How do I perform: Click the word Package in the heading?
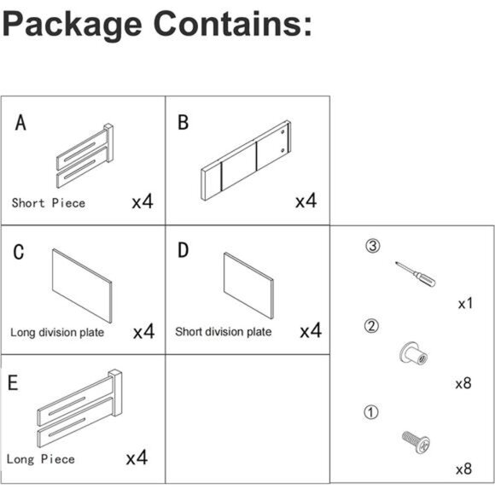[x=72, y=26]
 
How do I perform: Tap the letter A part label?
[x=20, y=123]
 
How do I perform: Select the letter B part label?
[x=183, y=123]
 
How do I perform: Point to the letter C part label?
[x=19, y=252]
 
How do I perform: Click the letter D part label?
[x=183, y=250]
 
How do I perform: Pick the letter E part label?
[x=13, y=382]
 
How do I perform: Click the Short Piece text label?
[x=49, y=203]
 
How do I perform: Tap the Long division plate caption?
[x=57, y=333]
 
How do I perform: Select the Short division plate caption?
[x=224, y=332]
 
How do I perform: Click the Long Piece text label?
[x=41, y=459]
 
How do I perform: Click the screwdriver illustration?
[x=415, y=274]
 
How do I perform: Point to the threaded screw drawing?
[x=416, y=442]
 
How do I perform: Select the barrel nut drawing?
[x=413, y=353]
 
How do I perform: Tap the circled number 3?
[x=373, y=246]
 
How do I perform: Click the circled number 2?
[x=371, y=326]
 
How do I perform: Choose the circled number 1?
[x=371, y=412]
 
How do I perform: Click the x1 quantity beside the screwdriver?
[x=465, y=303]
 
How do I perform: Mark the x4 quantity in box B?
[x=306, y=201]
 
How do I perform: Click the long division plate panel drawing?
[x=82, y=286]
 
